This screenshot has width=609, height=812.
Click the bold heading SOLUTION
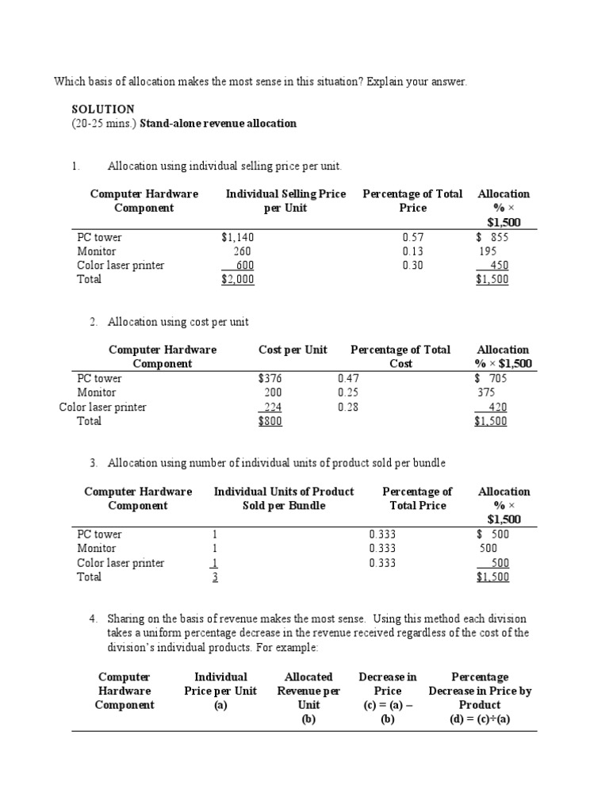point(103,109)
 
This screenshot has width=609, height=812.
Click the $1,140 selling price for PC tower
point(238,237)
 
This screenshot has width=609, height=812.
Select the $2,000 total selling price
point(238,279)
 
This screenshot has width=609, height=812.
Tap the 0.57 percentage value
point(413,237)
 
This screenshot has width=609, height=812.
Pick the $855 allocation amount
point(492,237)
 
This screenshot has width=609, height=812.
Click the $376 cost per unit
point(270,378)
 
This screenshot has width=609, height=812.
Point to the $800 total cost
point(270,421)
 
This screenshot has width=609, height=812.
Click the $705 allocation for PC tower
point(491,378)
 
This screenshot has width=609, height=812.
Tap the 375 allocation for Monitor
point(485,393)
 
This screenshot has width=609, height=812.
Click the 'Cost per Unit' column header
point(293,350)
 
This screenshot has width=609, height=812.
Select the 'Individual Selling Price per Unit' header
point(285,201)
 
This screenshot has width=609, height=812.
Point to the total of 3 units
point(214,577)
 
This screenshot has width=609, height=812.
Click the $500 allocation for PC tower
point(492,534)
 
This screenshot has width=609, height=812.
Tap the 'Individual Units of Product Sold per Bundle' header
point(284,499)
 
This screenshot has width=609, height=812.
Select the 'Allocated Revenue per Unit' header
point(308,691)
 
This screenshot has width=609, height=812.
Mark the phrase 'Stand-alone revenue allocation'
point(218,123)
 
